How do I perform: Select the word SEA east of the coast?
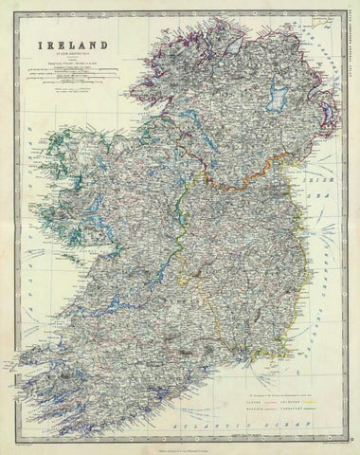tap(323, 190)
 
